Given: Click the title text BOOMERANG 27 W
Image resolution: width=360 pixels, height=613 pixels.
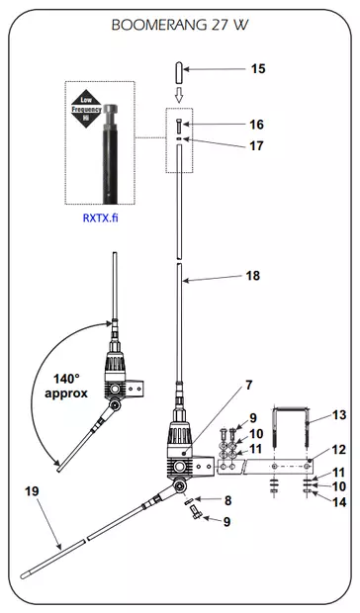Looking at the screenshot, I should coord(180,28).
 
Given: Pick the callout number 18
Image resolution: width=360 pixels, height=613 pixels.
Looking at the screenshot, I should coord(253,277).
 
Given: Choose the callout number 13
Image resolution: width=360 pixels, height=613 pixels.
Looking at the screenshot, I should coord(339,415).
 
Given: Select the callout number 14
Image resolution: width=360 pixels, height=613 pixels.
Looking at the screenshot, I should coord(339,501).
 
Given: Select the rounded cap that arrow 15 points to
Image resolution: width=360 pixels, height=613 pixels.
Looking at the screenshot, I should coord(178,71).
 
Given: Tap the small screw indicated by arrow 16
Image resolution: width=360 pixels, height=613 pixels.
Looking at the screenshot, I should coord(178,126).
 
